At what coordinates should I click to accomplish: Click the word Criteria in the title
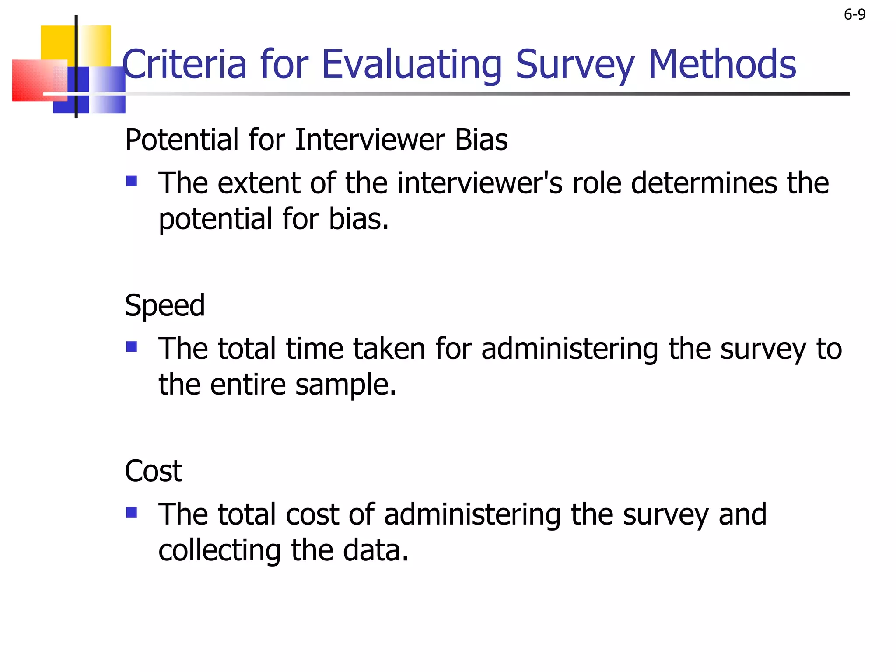[x=184, y=64]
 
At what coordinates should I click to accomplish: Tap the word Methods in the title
[x=721, y=64]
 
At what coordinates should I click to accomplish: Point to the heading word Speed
[x=164, y=305]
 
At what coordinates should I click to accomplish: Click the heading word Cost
[x=153, y=471]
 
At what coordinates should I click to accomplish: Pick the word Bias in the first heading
[x=481, y=140]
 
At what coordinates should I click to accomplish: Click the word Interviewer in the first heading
[x=370, y=140]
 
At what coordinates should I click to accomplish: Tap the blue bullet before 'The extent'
[x=131, y=181]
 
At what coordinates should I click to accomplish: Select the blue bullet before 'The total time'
[x=131, y=347]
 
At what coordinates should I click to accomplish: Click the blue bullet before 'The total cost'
[x=131, y=512]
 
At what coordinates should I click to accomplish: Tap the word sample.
[x=346, y=385]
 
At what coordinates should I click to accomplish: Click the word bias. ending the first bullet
[x=358, y=219]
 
